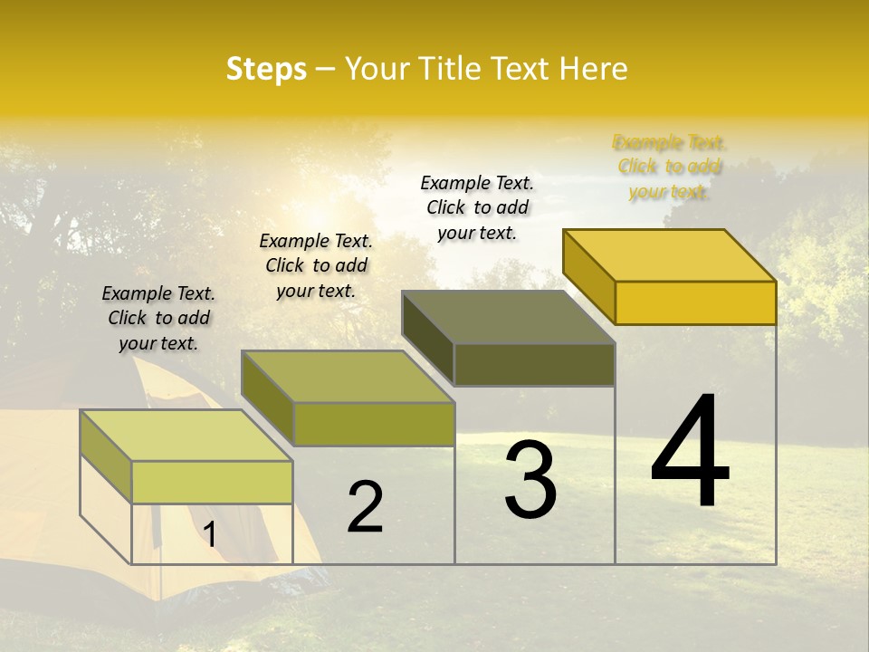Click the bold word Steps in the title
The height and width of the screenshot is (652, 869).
[266, 69]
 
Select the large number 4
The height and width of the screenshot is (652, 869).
[690, 453]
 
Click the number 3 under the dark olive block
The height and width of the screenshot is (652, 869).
[530, 480]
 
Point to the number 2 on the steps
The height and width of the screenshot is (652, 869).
[365, 507]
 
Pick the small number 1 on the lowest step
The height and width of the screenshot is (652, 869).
[210, 534]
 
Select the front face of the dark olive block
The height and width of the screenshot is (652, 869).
[534, 364]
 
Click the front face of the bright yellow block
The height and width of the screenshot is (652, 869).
[695, 302]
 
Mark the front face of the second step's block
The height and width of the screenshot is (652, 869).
[374, 424]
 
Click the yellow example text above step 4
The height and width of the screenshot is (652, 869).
[669, 167]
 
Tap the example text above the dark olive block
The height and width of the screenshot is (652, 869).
[477, 207]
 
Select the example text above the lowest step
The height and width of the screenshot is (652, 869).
[158, 318]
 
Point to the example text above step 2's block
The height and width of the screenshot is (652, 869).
[316, 265]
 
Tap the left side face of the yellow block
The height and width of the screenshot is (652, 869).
[588, 272]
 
